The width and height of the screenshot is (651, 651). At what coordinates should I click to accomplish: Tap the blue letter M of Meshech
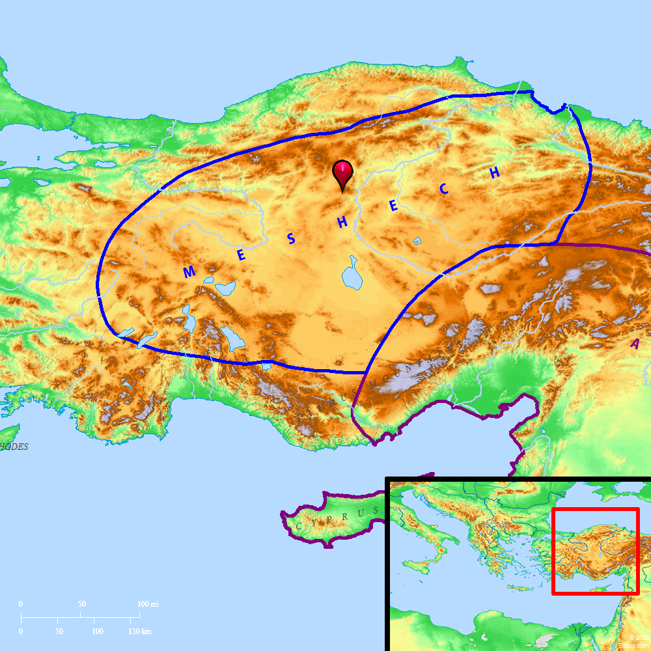pos(189,272)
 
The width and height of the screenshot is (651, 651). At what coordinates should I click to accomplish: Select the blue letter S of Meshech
pos(292,239)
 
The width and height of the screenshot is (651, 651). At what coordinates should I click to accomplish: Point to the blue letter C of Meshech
pos(444,189)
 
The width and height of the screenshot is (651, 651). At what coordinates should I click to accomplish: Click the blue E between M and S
pos(241,255)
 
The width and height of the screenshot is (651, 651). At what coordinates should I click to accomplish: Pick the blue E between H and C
pos(393,206)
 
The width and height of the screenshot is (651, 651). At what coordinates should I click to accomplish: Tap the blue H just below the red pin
pos(342,223)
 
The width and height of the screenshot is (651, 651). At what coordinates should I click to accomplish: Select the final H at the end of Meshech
pos(495,173)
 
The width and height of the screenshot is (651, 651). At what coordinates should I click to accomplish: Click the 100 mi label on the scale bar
pos(147,604)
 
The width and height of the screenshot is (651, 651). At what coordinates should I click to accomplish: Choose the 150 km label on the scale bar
pos(139,631)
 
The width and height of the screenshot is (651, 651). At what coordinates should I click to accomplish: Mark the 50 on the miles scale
pos(81,604)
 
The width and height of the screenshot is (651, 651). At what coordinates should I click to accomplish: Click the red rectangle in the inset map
pos(595,551)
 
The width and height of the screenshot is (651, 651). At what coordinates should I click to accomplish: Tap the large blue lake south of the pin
pos(352,274)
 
